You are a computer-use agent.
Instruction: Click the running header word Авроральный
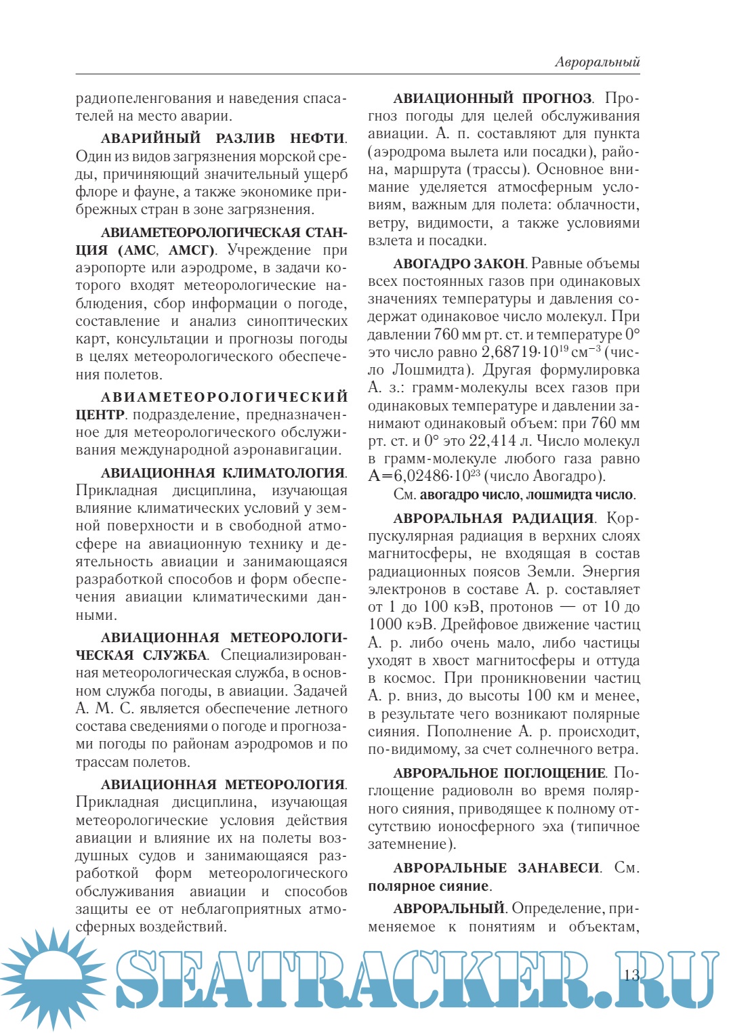pyautogui.click(x=597, y=62)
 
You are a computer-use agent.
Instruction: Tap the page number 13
pyautogui.click(x=631, y=975)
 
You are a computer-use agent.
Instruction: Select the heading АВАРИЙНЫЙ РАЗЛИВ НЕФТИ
pyautogui.click(x=223, y=138)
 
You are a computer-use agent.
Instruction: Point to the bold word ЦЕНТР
pyautogui.click(x=100, y=415)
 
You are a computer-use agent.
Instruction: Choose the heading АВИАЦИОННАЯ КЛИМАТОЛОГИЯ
pyautogui.click(x=223, y=473)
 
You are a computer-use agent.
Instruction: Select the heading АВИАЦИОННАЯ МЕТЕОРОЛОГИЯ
pyautogui.click(x=223, y=784)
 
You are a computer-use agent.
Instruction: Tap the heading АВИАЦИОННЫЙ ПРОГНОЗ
pyautogui.click(x=493, y=98)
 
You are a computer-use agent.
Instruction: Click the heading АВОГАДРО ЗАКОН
pyautogui.click(x=459, y=263)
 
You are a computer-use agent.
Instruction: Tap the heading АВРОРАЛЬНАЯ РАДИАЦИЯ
pyautogui.click(x=493, y=518)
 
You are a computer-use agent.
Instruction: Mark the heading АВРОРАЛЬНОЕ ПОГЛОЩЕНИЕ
pyautogui.click(x=499, y=773)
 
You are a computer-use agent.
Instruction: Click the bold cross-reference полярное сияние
pyautogui.click(x=428, y=886)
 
